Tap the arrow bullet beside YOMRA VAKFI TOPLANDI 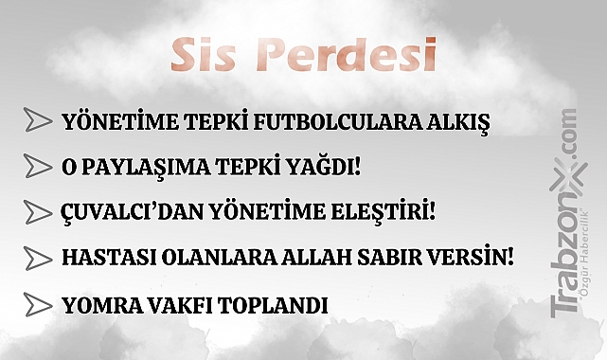click(x=38, y=305)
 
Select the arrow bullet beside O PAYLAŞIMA click(x=38, y=167)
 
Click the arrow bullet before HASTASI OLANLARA click(x=38, y=257)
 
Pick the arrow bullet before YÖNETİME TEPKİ click(x=38, y=121)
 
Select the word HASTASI click(x=103, y=257)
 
